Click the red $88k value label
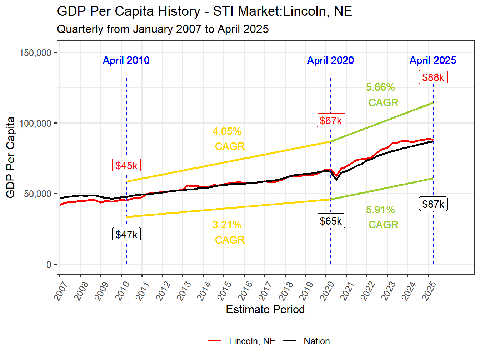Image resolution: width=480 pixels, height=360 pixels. [x=433, y=77]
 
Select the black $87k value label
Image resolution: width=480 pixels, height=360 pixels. [x=433, y=204]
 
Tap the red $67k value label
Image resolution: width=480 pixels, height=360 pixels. [x=331, y=121]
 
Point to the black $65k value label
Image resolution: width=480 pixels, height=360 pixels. [x=331, y=221]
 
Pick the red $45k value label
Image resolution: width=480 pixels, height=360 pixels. [x=126, y=166]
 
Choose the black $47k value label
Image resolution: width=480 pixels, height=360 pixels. [x=126, y=235]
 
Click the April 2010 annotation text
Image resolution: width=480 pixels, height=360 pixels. [x=126, y=60]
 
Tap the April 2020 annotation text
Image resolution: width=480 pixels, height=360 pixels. [x=330, y=60]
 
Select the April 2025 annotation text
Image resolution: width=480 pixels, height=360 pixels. [x=433, y=60]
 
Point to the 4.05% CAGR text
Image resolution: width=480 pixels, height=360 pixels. [x=228, y=139]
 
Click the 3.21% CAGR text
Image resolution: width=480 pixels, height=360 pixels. [x=228, y=232]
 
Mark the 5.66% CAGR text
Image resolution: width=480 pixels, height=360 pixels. [x=382, y=95]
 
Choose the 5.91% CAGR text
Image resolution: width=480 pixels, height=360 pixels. [x=382, y=217]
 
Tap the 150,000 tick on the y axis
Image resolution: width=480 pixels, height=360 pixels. [x=35, y=53]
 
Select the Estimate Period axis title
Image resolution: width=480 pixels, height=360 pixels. [x=265, y=309]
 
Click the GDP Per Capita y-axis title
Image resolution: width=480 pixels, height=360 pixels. [x=11, y=157]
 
